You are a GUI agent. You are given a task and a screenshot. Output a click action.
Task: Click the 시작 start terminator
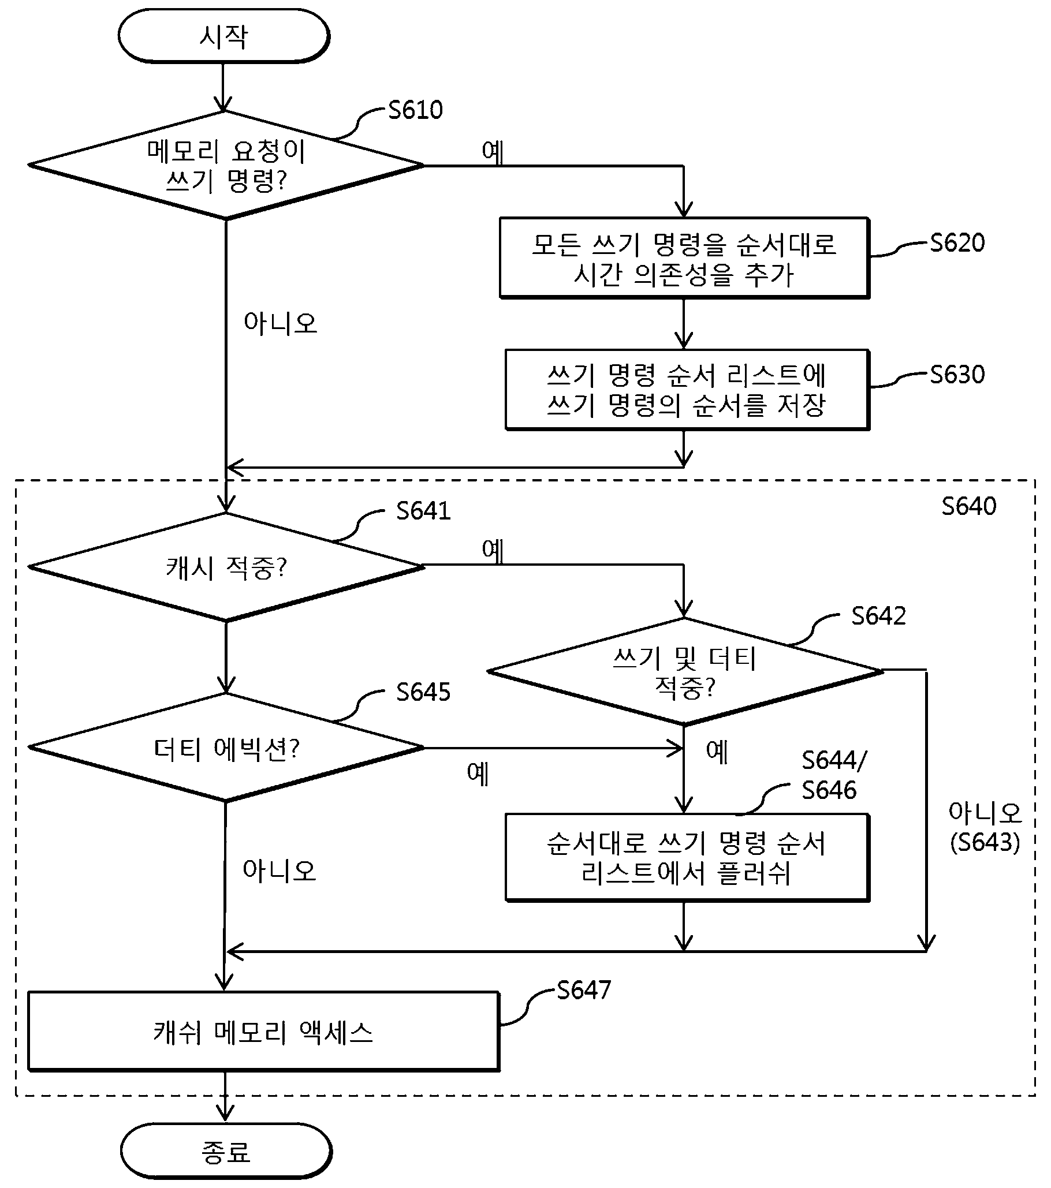224,36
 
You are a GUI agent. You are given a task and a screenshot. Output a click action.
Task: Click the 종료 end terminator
226,1151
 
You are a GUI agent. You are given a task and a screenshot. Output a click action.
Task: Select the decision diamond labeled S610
226,165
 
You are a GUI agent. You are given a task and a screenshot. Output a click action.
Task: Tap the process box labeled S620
684,258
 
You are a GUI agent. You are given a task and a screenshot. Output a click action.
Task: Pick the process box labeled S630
687,390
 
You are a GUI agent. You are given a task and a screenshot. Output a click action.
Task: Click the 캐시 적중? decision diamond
226,567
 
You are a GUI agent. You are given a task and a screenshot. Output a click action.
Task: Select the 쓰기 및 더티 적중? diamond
685,671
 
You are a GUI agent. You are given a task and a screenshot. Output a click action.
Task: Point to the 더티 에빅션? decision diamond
226,748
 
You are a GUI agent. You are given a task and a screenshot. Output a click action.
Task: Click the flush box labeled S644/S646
687,858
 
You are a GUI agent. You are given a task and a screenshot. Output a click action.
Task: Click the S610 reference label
415,110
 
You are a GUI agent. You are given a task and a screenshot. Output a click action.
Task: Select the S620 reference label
957,243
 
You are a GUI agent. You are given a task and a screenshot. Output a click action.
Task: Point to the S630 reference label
957,375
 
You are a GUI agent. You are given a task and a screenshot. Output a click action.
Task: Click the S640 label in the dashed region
968,506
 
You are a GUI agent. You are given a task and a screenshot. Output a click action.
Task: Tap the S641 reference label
423,511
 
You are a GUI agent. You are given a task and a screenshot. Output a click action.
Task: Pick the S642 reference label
878,616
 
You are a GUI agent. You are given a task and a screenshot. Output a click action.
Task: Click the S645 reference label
423,692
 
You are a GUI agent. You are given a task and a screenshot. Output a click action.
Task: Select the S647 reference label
584,991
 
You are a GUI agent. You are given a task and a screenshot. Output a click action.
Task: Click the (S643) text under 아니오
985,842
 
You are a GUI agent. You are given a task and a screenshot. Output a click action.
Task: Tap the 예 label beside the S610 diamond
493,152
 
